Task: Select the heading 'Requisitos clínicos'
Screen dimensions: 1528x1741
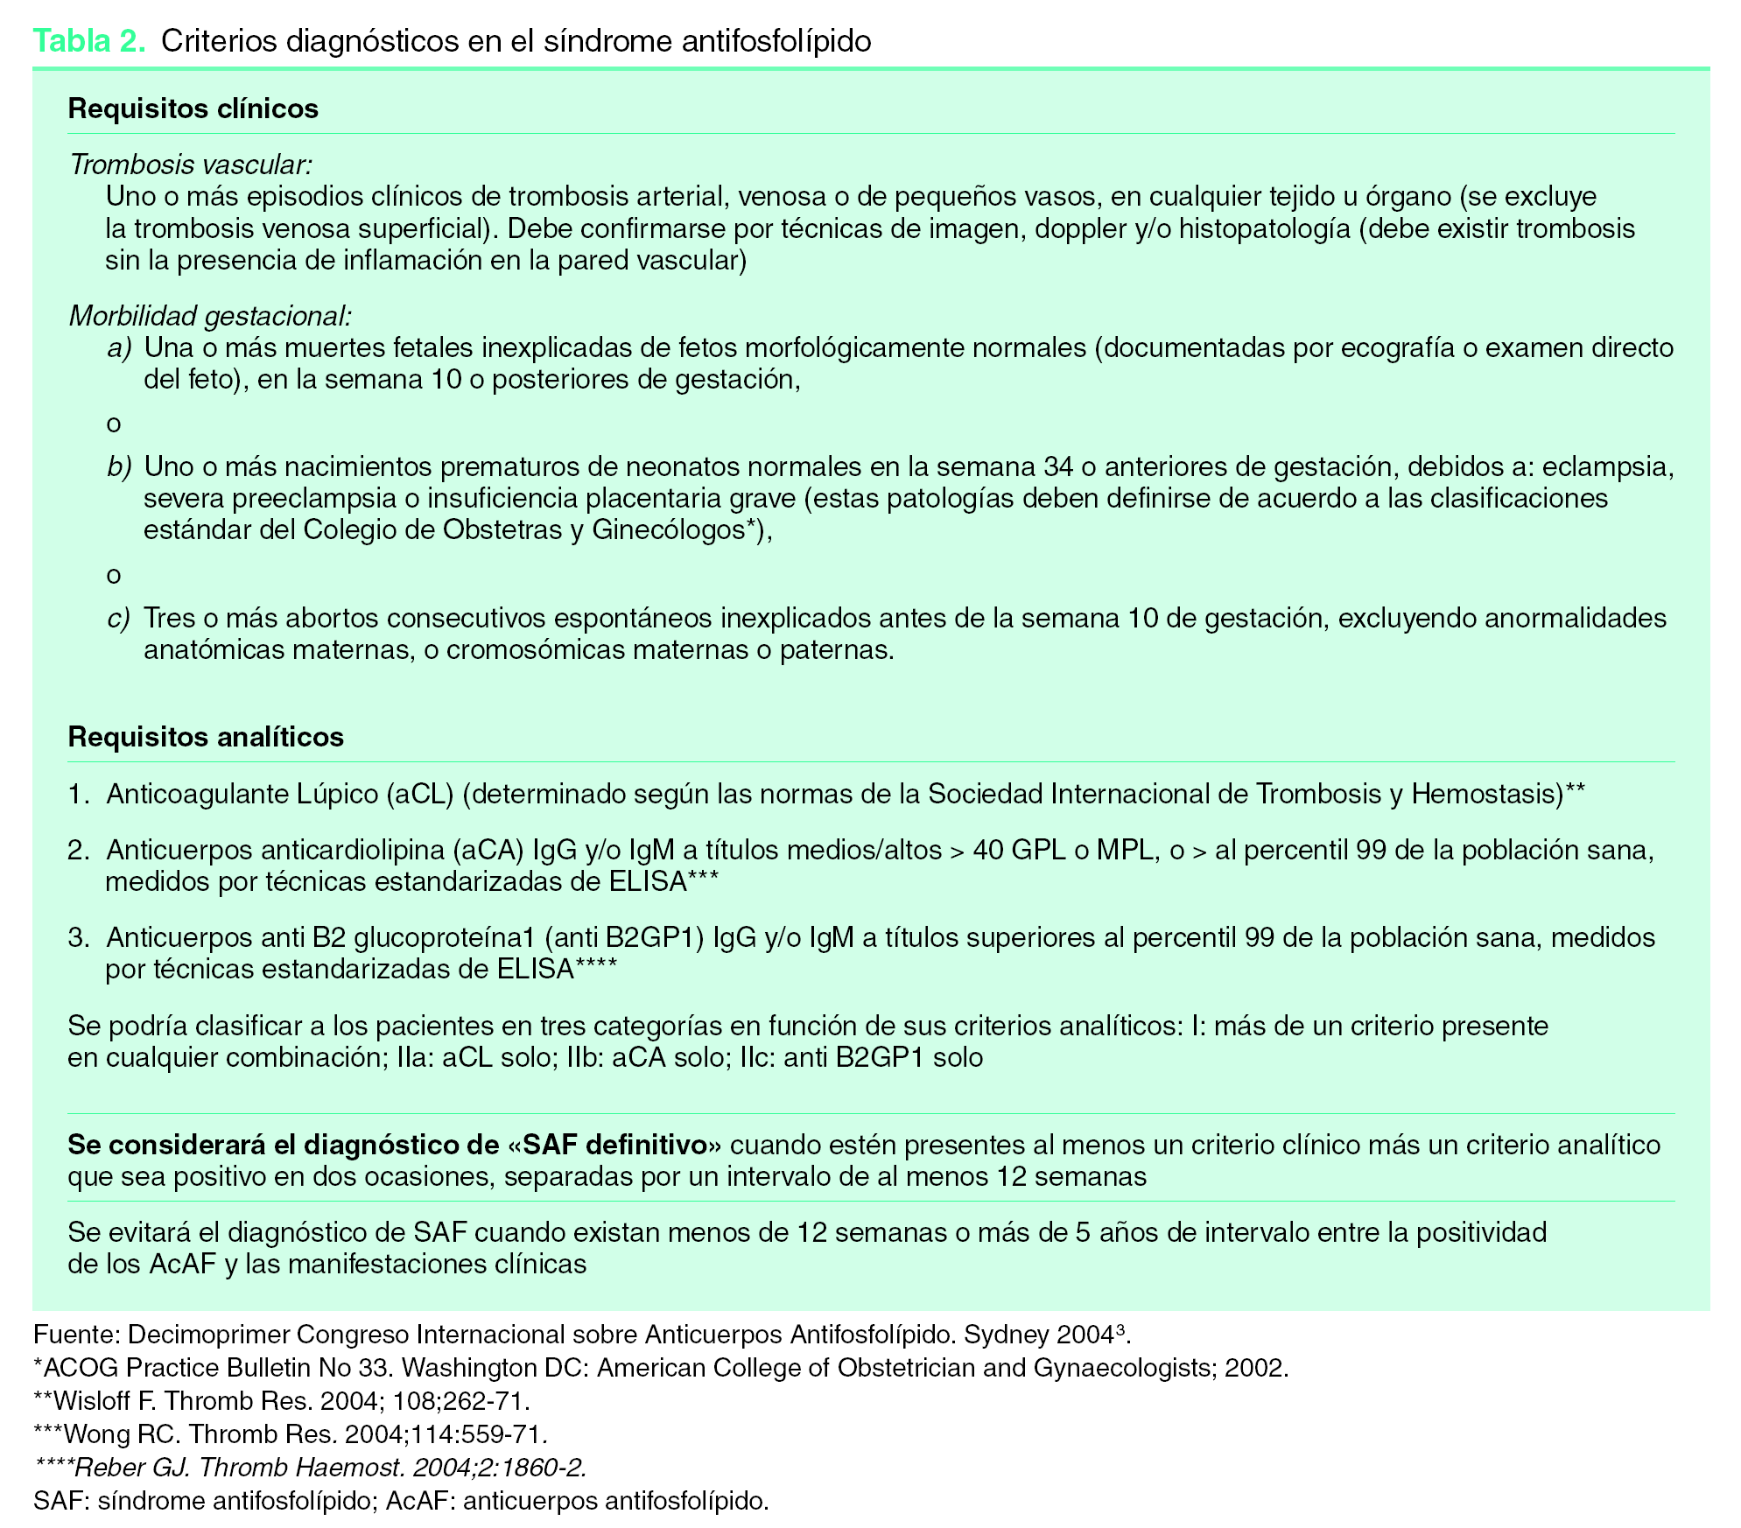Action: [193, 109]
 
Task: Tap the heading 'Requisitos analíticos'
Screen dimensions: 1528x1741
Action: [206, 737]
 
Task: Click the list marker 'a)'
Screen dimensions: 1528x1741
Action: [119, 348]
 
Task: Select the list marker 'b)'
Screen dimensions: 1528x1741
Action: [119, 467]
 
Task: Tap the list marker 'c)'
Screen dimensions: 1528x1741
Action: [119, 619]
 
